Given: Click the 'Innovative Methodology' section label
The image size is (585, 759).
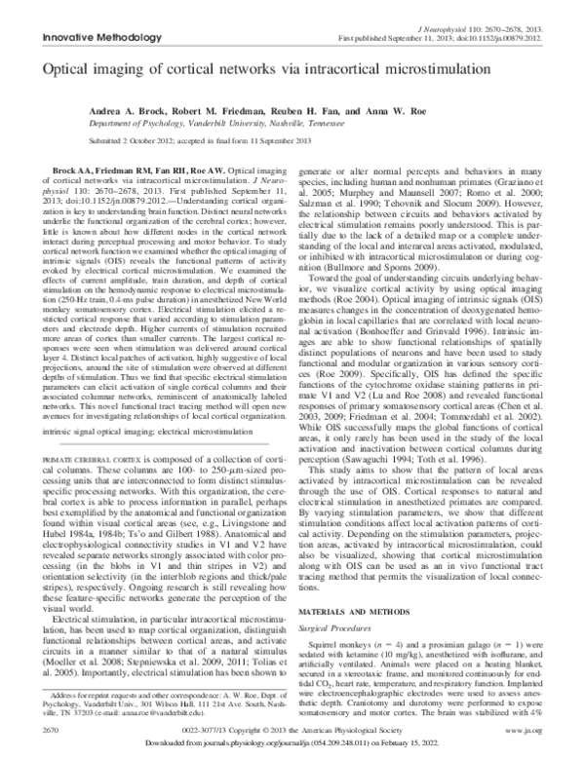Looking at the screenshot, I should coord(81,38).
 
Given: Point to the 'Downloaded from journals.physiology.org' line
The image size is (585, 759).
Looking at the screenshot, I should coord(292,741).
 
